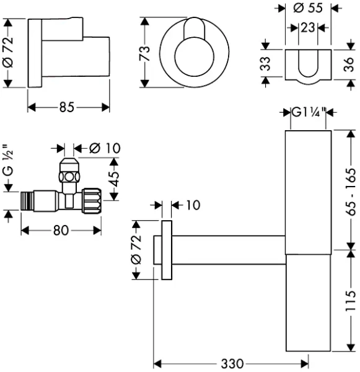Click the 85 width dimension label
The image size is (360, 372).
point(68,107)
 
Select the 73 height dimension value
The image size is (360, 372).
point(146,53)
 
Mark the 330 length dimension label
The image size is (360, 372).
point(231,363)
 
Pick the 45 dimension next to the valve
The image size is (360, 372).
point(115,179)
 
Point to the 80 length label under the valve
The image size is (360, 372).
point(60,230)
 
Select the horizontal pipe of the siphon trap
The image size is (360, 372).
point(229,245)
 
